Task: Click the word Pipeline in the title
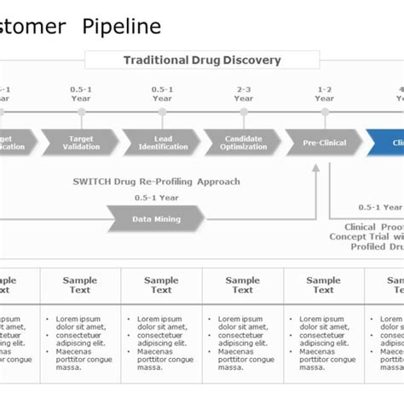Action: (x=121, y=26)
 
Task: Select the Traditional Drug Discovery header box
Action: (x=202, y=61)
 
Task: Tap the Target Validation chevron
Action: (x=80, y=142)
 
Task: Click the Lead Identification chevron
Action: (x=161, y=142)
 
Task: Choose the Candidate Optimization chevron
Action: (x=242, y=142)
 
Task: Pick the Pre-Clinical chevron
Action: (x=324, y=142)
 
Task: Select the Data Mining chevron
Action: (x=156, y=219)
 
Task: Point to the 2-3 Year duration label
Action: (x=244, y=93)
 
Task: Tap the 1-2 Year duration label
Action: (x=325, y=93)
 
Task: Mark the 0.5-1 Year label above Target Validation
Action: (x=81, y=93)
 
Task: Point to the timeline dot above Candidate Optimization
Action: (x=244, y=112)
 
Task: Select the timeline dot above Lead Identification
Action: (x=162, y=112)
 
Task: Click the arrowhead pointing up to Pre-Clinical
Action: (x=316, y=170)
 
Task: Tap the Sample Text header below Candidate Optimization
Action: (x=243, y=285)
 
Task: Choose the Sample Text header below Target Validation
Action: (x=80, y=285)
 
